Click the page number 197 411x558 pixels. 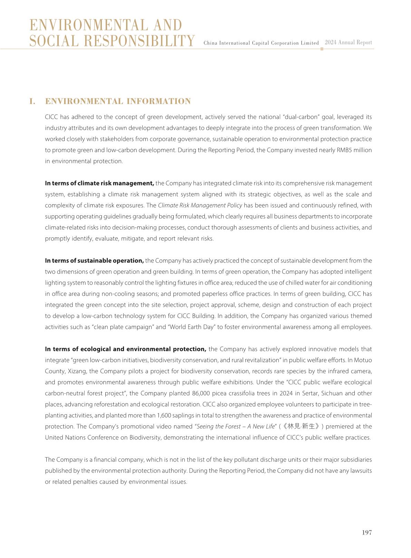(367, 532)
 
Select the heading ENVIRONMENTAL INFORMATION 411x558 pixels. (118, 101)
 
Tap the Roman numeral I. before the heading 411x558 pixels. (32, 101)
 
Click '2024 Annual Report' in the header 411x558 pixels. (348, 42)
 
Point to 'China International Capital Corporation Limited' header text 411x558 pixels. (261, 43)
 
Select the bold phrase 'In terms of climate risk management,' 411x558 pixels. (99, 183)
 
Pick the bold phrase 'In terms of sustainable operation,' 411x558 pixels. (94, 261)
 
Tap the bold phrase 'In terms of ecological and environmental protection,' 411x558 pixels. (126, 349)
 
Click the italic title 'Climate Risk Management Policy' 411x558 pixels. (200, 205)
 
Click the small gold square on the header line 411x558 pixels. (322, 49)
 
